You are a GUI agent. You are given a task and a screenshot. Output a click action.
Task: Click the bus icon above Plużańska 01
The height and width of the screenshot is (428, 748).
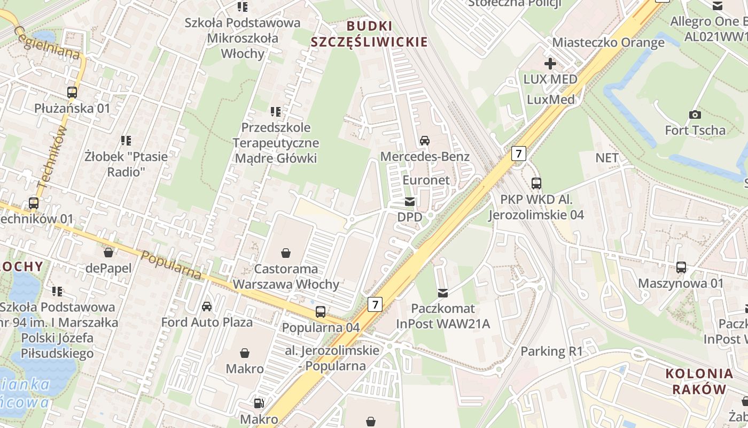(x=72, y=92)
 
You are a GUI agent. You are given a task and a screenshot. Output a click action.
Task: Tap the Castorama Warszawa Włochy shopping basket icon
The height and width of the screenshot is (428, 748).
(x=286, y=253)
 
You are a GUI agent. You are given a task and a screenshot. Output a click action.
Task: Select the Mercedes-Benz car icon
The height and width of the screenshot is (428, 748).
(x=425, y=141)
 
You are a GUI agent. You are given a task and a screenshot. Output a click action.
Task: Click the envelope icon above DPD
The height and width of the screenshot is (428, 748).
(x=410, y=202)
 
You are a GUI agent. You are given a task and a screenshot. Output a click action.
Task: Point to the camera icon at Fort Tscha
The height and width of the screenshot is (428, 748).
(x=695, y=114)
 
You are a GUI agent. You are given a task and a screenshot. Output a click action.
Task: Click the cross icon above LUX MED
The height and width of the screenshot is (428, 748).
(x=550, y=64)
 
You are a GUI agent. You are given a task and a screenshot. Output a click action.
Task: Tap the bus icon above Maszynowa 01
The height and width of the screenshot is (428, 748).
(x=681, y=267)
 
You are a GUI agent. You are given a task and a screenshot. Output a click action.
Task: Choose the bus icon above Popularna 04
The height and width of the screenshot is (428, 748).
(x=321, y=311)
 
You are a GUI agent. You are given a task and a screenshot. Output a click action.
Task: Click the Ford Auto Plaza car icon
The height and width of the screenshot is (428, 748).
(x=207, y=307)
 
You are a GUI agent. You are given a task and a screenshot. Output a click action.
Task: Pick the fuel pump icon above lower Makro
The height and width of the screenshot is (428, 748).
(x=259, y=403)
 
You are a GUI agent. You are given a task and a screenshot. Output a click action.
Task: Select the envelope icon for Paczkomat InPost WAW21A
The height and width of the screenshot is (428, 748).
(x=443, y=293)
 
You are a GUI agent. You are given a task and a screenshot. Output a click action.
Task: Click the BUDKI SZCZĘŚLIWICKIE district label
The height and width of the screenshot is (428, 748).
(x=369, y=34)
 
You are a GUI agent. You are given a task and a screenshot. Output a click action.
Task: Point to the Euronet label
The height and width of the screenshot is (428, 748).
(x=426, y=180)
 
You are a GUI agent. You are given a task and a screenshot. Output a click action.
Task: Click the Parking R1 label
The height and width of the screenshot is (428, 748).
(x=551, y=351)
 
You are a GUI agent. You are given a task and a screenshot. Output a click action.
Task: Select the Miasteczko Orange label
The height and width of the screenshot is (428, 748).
(x=608, y=42)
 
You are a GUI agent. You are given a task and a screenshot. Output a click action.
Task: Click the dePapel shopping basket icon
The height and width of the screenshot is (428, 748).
(x=108, y=252)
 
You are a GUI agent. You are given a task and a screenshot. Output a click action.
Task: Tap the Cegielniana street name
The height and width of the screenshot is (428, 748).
(x=48, y=43)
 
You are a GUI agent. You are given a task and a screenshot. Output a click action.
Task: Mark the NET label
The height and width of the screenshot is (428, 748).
(x=606, y=158)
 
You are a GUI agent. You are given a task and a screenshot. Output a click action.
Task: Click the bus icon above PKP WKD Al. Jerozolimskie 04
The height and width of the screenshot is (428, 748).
(x=536, y=184)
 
